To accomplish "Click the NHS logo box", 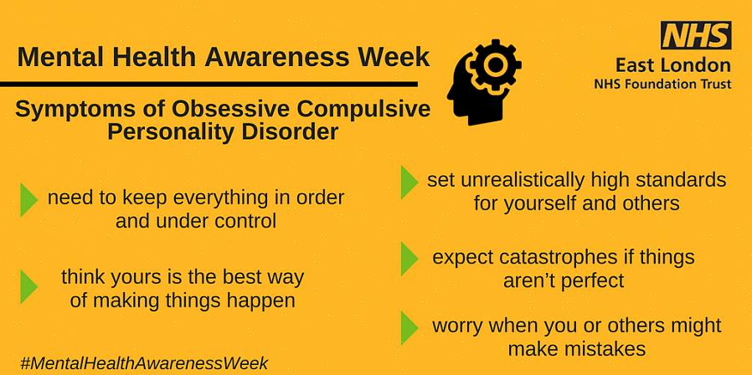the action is coord(696,35).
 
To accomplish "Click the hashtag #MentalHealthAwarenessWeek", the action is coord(144,363).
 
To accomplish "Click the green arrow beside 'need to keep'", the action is coord(28,199).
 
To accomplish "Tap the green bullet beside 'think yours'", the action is coord(28,287).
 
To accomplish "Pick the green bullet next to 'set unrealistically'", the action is coord(409,182).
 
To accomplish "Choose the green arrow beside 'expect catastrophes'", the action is coord(409,259).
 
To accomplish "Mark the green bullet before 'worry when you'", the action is coord(409,327).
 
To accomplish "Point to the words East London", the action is coord(674,64).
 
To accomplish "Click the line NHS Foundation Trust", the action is coord(662,85).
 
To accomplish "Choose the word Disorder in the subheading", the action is coord(290,131).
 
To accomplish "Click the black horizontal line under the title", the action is coord(209,85).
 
